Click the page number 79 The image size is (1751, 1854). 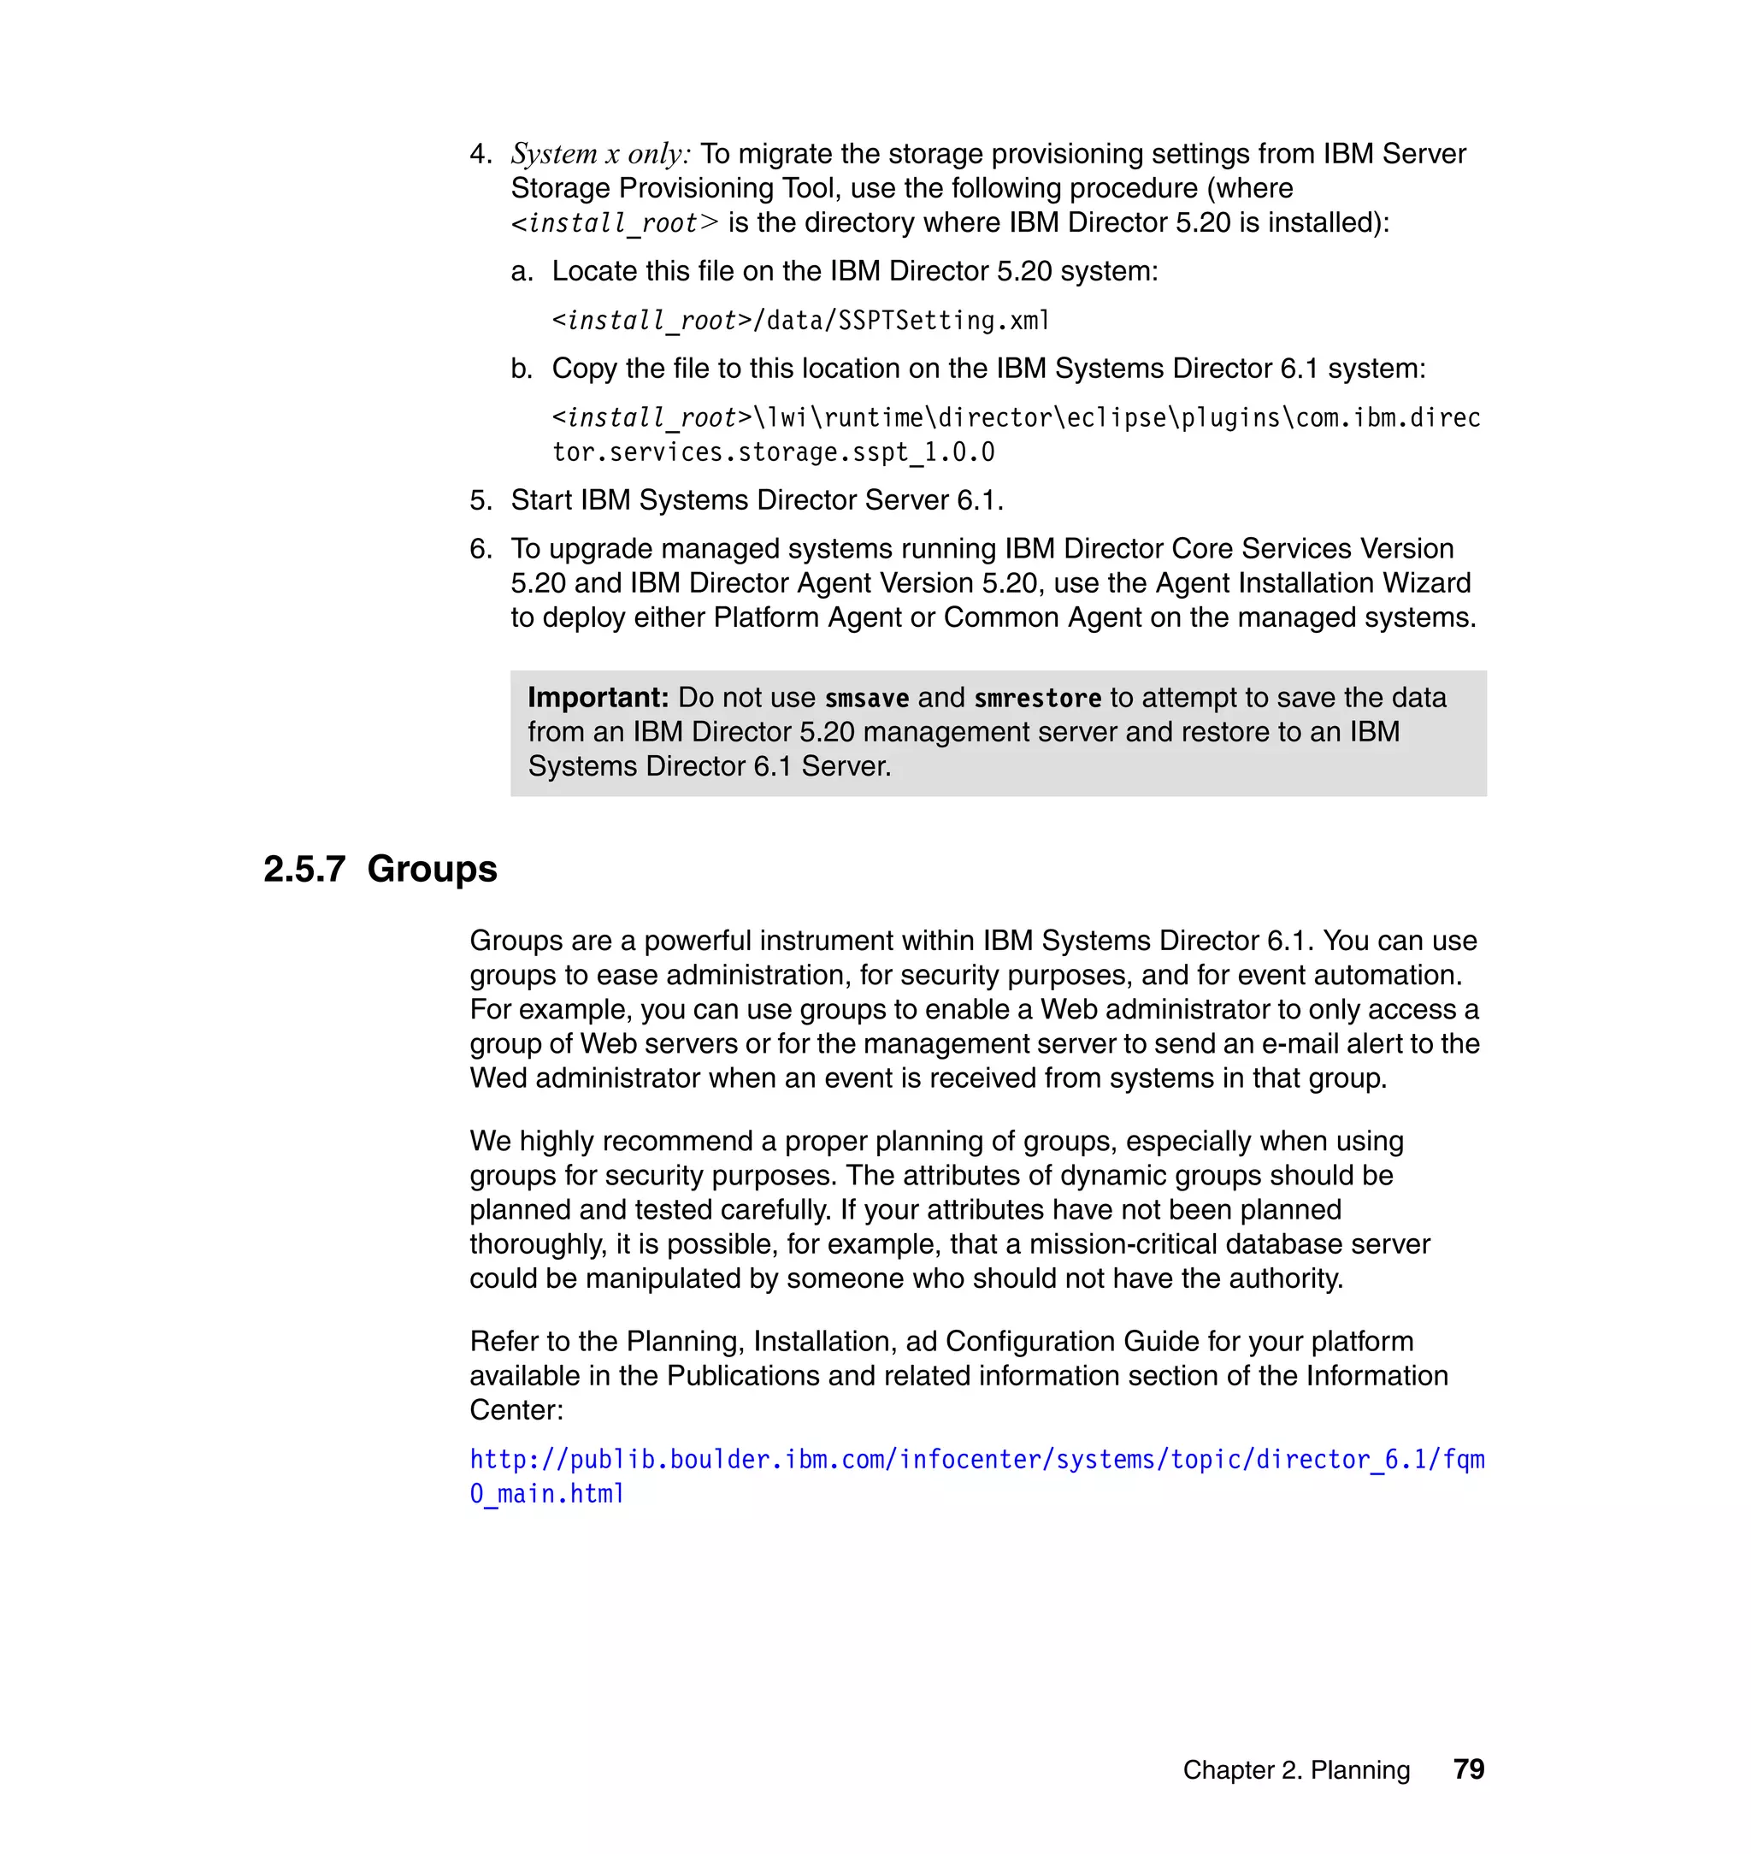coord(1468,1769)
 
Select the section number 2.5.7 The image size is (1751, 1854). coord(304,869)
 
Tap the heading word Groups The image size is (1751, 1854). coord(432,869)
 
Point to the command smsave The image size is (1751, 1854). coord(866,699)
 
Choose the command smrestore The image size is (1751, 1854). coord(1037,699)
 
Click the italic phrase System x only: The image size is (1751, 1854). coord(600,154)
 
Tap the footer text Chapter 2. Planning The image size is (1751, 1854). coord(1295,1770)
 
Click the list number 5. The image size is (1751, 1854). coord(480,500)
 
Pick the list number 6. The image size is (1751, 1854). coord(480,549)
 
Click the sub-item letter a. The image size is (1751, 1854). coord(521,272)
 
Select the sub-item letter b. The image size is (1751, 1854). coord(521,369)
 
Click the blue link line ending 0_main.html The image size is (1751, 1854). coord(547,1494)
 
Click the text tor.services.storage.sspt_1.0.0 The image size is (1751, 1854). coord(773,452)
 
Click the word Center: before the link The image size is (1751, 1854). coord(516,1409)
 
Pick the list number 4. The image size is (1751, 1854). coord(480,154)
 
